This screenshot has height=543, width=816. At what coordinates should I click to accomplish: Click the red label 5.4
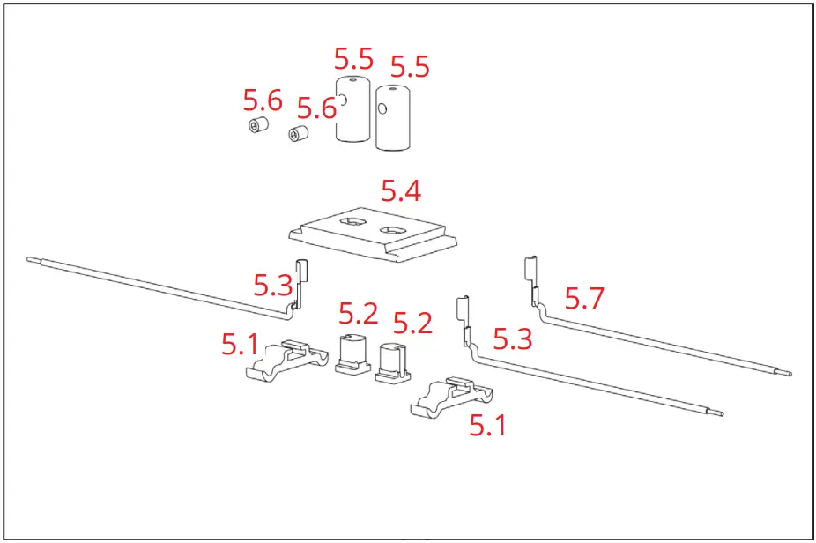(x=400, y=190)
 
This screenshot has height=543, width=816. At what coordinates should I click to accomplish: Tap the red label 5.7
(x=584, y=299)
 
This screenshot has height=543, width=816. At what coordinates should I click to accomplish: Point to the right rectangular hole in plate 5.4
(x=391, y=232)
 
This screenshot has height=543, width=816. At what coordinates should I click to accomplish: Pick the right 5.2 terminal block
(x=392, y=361)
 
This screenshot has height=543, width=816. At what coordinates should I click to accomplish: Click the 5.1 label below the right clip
(x=488, y=426)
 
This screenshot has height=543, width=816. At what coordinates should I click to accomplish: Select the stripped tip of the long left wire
(x=33, y=260)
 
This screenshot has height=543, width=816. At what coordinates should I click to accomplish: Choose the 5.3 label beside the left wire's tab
(x=272, y=285)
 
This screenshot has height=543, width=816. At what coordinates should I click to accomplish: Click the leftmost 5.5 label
(x=353, y=60)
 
